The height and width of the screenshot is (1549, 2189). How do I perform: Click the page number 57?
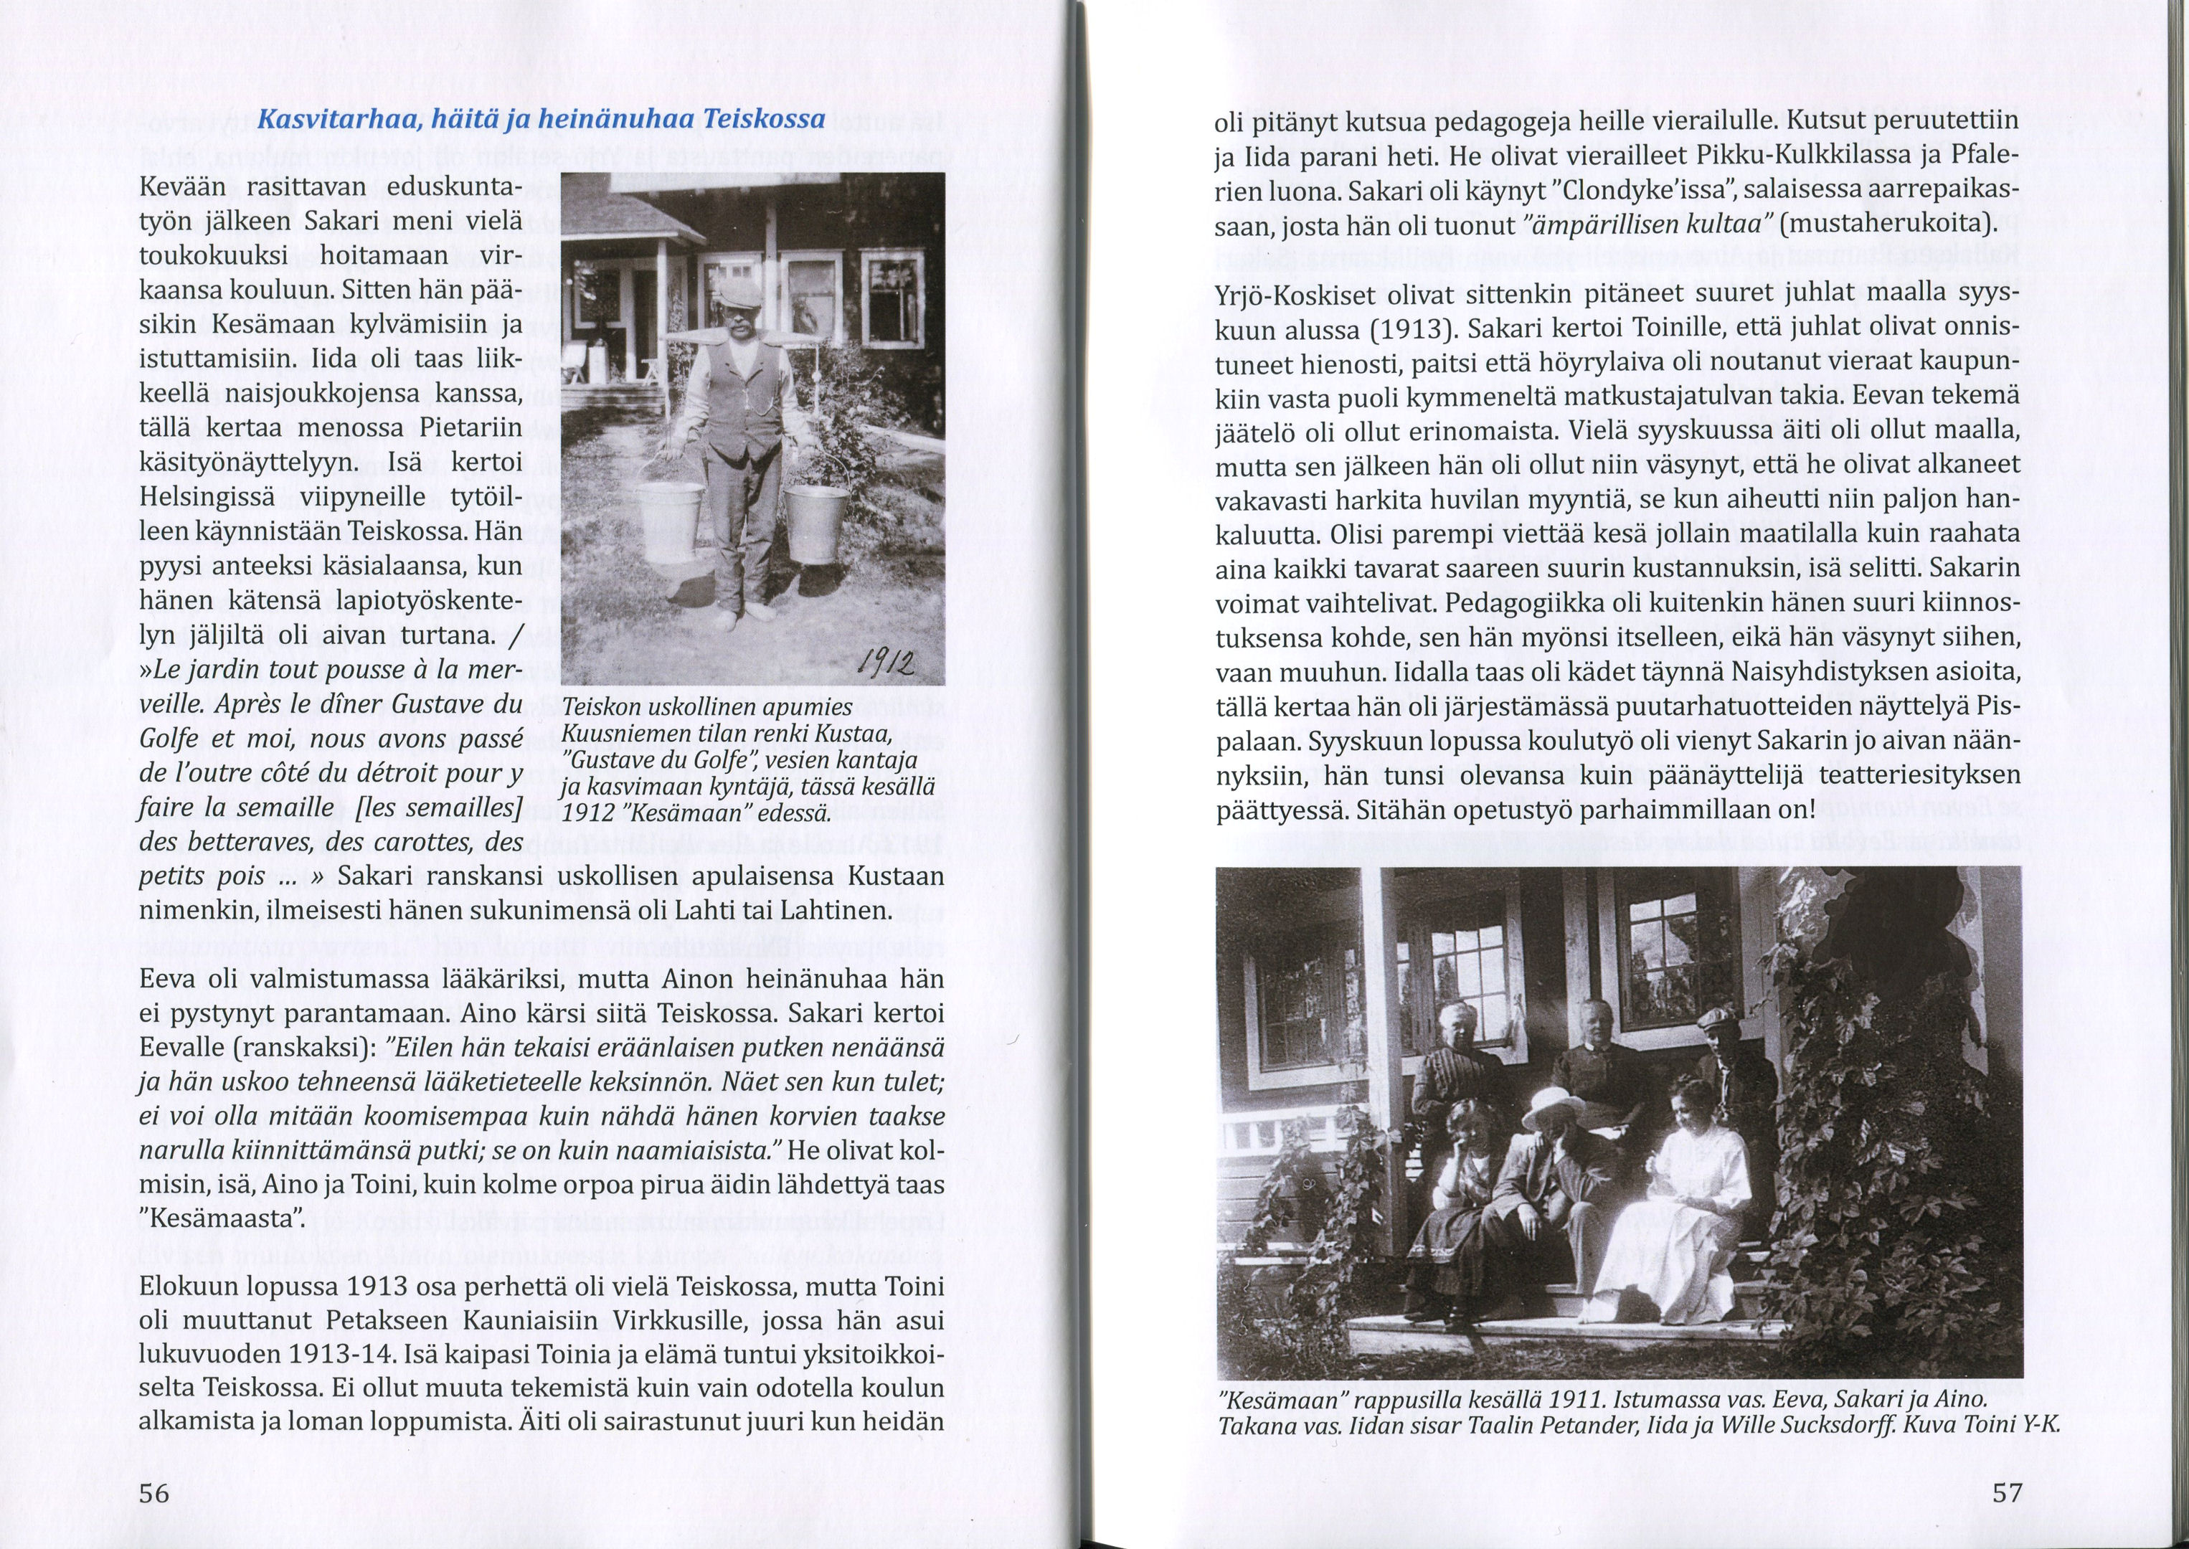2007,1492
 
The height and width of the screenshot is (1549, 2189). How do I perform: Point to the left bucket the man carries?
671,521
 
